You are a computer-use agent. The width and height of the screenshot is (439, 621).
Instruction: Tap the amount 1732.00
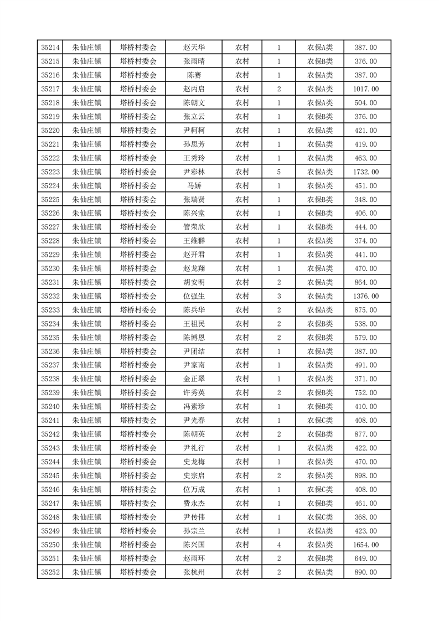click(366, 172)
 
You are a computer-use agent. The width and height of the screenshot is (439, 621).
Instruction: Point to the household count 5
click(278, 172)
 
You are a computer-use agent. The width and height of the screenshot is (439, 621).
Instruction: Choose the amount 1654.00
click(366, 545)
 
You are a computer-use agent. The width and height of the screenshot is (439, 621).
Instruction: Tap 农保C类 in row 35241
click(320, 421)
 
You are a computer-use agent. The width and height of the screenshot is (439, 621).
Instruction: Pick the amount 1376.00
click(366, 296)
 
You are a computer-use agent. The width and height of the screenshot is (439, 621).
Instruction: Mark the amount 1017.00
click(366, 89)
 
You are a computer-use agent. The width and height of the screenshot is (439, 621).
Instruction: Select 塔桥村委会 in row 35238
click(138, 379)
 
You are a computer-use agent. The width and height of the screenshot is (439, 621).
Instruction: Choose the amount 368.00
click(366, 517)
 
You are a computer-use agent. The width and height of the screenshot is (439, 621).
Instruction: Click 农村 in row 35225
click(242, 200)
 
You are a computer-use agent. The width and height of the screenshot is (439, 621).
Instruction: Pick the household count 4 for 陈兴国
click(278, 545)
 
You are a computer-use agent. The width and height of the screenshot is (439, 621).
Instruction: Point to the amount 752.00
click(366, 393)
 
